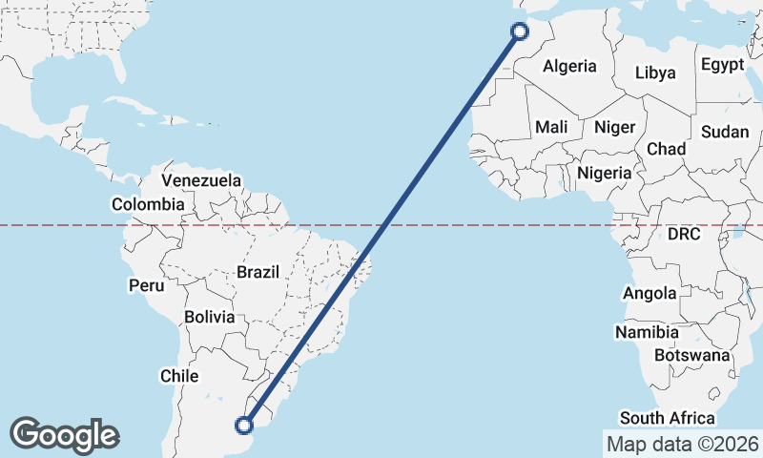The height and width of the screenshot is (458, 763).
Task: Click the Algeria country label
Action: (x=569, y=67)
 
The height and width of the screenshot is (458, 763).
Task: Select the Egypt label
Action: (x=721, y=65)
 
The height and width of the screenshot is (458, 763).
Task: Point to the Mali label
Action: (x=551, y=127)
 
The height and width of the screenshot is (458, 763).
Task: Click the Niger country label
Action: (x=614, y=127)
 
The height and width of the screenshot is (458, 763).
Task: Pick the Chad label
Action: (x=666, y=150)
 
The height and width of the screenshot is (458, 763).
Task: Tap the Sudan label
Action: (x=725, y=133)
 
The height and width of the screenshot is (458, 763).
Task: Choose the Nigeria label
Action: (x=605, y=174)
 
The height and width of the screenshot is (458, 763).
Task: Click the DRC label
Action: (x=685, y=234)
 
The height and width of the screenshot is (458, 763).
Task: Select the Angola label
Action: (x=650, y=294)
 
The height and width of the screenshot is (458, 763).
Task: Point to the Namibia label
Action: (x=647, y=332)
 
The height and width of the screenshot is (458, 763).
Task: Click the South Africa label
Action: (x=667, y=418)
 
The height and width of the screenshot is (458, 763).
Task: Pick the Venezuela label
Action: (x=201, y=180)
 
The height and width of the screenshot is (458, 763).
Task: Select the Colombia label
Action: (x=148, y=204)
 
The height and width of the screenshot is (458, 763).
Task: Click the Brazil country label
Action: (x=258, y=272)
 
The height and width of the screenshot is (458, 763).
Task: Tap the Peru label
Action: (x=147, y=285)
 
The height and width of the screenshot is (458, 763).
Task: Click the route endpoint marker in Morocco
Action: (x=520, y=31)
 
